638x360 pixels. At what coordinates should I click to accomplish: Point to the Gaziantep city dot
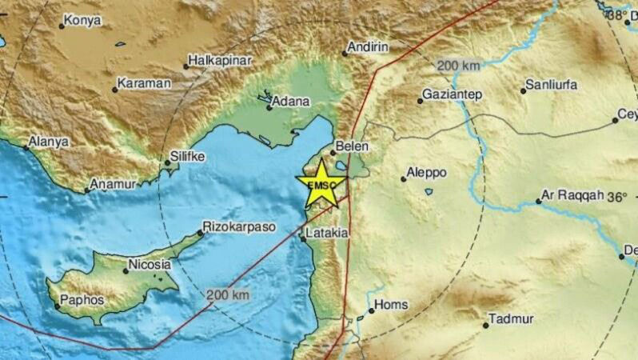click(x=421, y=101)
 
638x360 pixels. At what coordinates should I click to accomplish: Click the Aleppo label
click(x=426, y=172)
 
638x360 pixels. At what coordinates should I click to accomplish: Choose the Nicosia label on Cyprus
click(x=150, y=264)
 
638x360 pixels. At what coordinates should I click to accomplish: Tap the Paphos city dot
click(x=58, y=305)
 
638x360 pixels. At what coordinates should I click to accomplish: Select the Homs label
click(x=392, y=305)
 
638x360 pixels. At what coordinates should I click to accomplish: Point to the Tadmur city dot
click(x=486, y=325)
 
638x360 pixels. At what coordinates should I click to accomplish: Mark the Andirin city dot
click(x=345, y=54)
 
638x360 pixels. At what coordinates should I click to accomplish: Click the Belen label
click(x=352, y=147)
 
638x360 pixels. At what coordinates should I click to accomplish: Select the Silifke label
click(x=189, y=158)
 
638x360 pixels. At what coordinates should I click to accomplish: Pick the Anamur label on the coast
click(x=110, y=184)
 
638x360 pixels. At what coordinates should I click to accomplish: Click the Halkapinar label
click(x=220, y=60)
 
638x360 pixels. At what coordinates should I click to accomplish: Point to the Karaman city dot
click(x=114, y=90)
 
